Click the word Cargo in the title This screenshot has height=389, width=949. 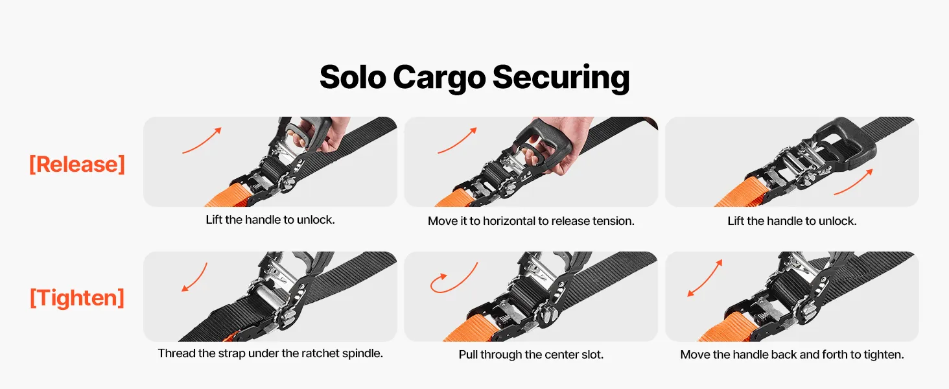(x=439, y=78)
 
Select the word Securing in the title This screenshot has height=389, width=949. (x=561, y=78)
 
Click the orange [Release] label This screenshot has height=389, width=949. (x=77, y=165)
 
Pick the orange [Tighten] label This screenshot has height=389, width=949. (x=77, y=298)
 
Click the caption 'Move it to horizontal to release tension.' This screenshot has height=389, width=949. (x=531, y=221)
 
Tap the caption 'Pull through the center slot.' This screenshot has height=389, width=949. (x=531, y=355)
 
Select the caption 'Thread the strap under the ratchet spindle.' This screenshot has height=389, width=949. (x=270, y=353)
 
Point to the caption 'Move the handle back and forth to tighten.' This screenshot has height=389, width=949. (x=792, y=355)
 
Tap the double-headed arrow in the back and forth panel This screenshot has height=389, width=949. (x=705, y=278)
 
